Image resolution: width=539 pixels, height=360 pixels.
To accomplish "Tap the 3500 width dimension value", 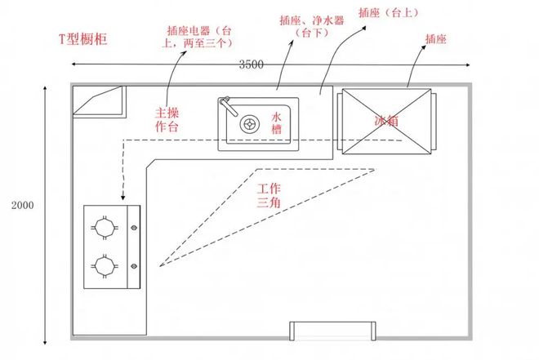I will pyautogui.click(x=252, y=65).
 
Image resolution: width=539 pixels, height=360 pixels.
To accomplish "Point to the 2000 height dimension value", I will pyautogui.click(x=22, y=205).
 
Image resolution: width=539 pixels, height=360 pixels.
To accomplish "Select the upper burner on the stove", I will pyautogui.click(x=104, y=226).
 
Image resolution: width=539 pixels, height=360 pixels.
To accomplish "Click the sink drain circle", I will pyautogui.click(x=248, y=125).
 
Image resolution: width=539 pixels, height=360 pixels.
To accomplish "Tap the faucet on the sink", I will pyautogui.click(x=227, y=105).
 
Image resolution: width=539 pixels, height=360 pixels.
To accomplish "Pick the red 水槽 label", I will pyautogui.click(x=277, y=124).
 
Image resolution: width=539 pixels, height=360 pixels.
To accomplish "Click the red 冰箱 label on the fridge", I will pyautogui.click(x=386, y=121).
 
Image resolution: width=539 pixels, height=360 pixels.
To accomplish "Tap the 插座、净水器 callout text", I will pyautogui.click(x=303, y=24).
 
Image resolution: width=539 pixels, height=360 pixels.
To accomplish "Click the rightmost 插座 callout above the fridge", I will pyautogui.click(x=435, y=38).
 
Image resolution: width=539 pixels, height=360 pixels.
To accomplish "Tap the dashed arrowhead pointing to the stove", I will pyautogui.click(x=122, y=198).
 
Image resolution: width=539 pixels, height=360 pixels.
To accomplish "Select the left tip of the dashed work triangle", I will pyautogui.click(x=160, y=266).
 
